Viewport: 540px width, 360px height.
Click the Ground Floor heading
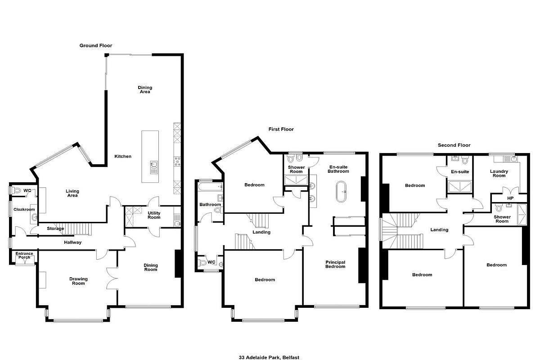[96, 45]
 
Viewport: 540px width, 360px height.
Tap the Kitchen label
[123, 156]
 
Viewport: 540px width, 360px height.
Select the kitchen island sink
[153, 167]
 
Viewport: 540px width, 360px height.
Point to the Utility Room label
[154, 215]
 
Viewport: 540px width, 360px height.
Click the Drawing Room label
[78, 281]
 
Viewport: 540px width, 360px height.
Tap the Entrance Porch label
[24, 255]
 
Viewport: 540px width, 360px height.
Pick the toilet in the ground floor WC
[16, 190]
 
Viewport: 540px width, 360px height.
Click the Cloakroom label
[24, 209]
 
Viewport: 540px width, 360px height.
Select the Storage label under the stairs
[55, 228]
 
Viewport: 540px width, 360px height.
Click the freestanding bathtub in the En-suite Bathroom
[341, 191]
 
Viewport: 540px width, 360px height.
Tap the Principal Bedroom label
[335, 264]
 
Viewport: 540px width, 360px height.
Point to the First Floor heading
[281, 129]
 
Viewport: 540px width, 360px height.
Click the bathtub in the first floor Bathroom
[210, 187]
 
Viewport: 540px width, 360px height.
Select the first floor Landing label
[261, 232]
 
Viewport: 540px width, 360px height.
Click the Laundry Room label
[499, 173]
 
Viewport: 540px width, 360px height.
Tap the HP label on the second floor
[510, 198]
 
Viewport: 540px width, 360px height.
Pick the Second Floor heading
[454, 145]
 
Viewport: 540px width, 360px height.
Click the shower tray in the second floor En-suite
[460, 186]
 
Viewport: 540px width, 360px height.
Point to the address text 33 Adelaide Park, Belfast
[269, 357]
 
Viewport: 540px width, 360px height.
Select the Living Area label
[72, 193]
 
